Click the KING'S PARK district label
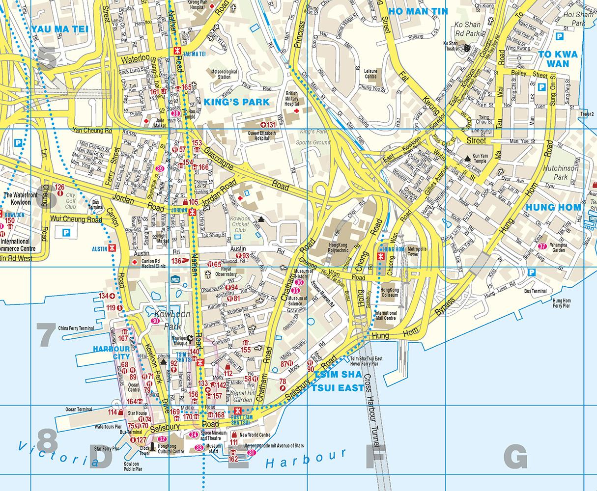tap(237, 102)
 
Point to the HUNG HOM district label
tap(553, 207)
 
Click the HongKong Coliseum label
tap(390, 293)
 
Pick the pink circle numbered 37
tap(542, 246)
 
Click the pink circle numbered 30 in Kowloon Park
tap(155, 321)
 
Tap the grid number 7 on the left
tap(47, 335)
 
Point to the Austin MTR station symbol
tap(113, 249)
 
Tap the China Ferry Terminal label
tap(76, 328)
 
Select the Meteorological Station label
tap(224, 74)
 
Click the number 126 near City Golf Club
tap(60, 187)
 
